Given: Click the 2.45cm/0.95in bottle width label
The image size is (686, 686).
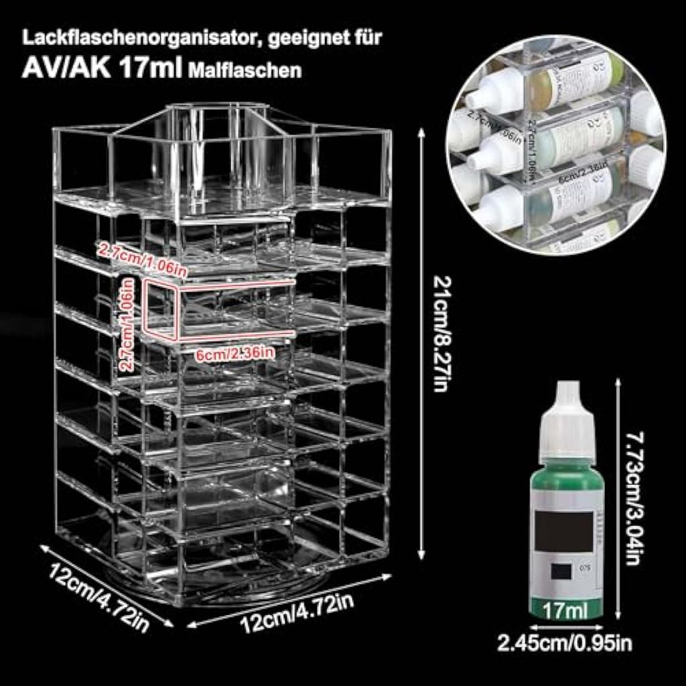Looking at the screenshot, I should coord(565,644).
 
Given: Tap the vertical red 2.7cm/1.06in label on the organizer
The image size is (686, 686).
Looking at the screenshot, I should coord(127,325).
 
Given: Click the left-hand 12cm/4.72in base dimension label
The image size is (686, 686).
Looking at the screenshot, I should coord(98,595).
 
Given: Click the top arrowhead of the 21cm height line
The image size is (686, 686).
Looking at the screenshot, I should coord(421,133).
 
